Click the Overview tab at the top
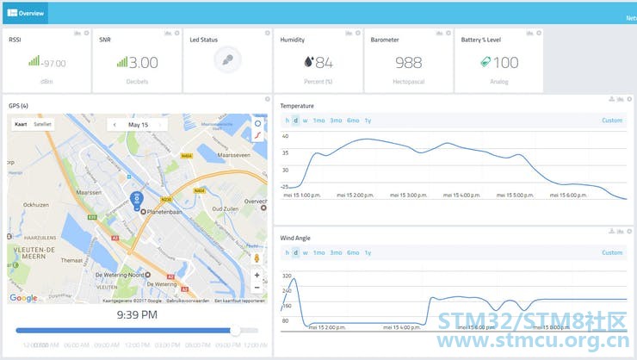point(26,13)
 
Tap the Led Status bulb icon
point(227,60)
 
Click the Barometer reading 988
point(408,63)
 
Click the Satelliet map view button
point(42,124)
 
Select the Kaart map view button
point(22,124)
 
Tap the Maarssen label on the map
point(89,193)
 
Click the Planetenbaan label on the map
point(167,210)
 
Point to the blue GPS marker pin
point(135,200)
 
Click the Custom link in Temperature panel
point(611,121)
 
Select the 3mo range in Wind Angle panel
point(336,252)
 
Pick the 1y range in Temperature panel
point(368,121)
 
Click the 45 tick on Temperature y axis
point(285,137)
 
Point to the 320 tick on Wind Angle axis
point(286,276)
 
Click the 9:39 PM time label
point(136,315)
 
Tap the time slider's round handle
point(235,330)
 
